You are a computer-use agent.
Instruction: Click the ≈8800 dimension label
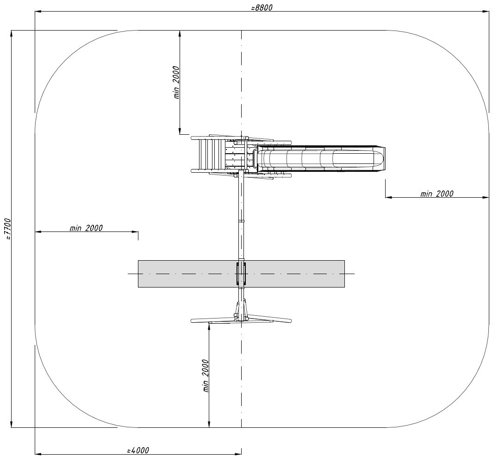(x=262, y=7)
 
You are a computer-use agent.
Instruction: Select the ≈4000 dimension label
(x=138, y=450)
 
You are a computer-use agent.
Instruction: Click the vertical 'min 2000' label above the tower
(x=176, y=82)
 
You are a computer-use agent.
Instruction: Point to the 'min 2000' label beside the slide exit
(x=437, y=194)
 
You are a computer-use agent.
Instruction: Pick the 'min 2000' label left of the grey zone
(x=86, y=228)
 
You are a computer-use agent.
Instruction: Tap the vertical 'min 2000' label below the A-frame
(x=206, y=376)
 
